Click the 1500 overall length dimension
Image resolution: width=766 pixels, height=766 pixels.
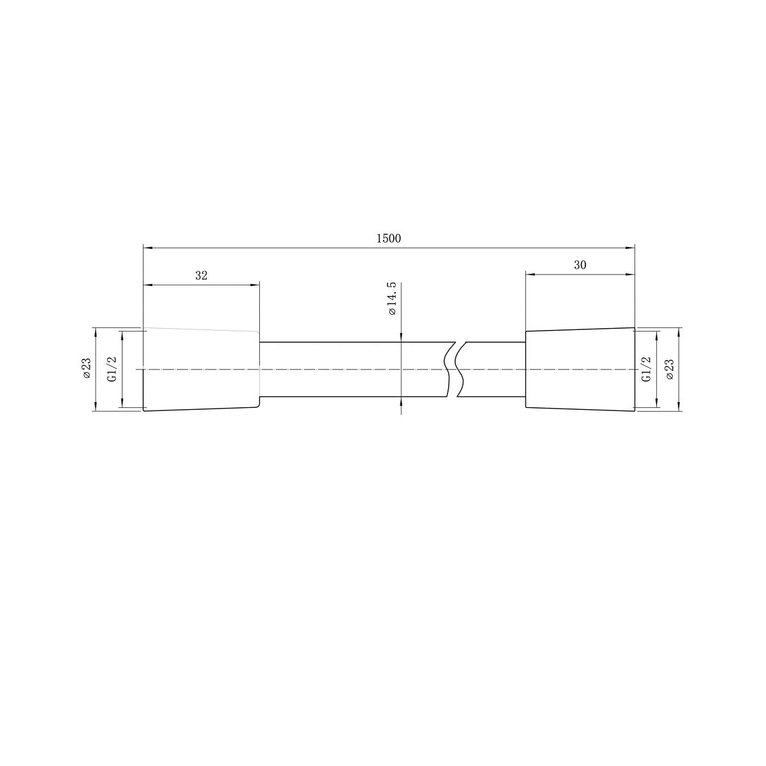388,239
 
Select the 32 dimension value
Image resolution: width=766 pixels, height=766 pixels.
201,276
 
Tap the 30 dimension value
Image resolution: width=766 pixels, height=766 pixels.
580,265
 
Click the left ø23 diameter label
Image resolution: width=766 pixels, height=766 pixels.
87,368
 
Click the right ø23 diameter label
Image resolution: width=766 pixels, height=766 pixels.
670,370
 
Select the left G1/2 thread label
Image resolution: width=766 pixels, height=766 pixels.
112,370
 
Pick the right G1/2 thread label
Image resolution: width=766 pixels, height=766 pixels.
647,370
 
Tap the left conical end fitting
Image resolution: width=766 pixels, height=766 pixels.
201,370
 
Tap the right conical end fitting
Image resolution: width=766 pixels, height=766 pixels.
580,370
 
